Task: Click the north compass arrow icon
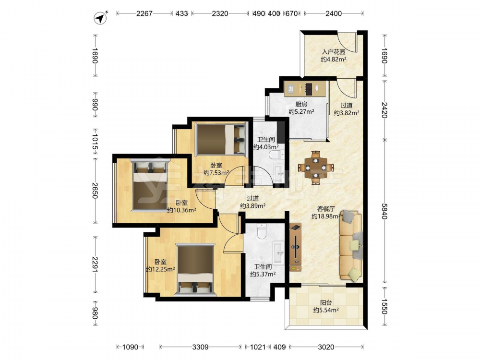[100, 18]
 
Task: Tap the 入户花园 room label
[334, 52]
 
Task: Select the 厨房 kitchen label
[301, 104]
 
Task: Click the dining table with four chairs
[316, 168]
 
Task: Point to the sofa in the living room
[351, 245]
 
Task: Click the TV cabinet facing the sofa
[295, 247]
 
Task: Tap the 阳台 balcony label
[326, 302]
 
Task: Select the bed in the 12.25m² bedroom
[195, 270]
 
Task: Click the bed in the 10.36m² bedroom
[150, 185]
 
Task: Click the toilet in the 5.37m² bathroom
[262, 231]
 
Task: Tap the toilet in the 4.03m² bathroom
[276, 155]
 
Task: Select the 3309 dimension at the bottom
[200, 347]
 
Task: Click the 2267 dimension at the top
[144, 13]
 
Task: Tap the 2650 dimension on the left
[95, 191]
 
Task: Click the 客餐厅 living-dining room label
[326, 209]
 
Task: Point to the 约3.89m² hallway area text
[252, 206]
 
